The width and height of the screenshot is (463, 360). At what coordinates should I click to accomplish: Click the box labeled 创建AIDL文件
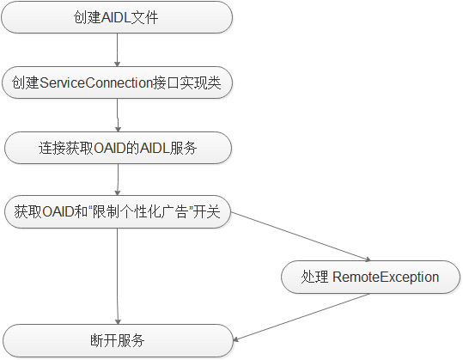117,17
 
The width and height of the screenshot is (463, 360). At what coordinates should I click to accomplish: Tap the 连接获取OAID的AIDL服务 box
117,147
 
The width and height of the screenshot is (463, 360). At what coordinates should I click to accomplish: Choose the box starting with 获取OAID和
117,212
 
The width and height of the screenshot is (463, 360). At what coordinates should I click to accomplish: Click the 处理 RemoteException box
369,277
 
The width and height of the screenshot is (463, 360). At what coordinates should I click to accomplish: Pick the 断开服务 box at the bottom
117,341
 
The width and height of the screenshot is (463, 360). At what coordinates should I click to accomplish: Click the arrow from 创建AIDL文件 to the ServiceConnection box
117,50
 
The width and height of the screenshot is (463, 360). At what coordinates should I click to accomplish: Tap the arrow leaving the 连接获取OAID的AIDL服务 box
117,180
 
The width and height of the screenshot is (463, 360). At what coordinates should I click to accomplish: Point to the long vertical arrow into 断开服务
117,275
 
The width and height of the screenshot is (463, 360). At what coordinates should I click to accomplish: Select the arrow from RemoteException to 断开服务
301,317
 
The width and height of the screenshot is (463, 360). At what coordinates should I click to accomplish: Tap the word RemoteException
386,277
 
